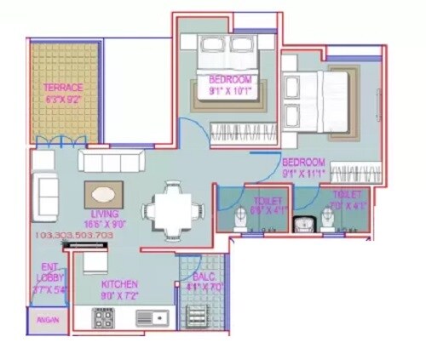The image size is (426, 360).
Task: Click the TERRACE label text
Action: tap(64, 88)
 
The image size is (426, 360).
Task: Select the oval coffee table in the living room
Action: tap(103, 192)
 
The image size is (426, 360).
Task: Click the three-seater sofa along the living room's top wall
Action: tap(112, 161)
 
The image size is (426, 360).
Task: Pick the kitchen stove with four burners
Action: tap(104, 317)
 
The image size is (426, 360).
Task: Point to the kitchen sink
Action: tap(152, 317)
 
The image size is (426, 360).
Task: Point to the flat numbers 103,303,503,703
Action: tap(74, 234)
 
